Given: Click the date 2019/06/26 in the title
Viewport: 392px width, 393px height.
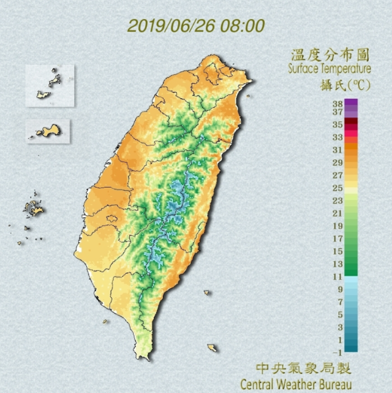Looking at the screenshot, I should pos(165,26).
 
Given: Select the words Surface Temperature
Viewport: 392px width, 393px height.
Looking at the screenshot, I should pos(330,69).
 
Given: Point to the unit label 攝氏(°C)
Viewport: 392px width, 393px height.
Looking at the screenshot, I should pos(334,84).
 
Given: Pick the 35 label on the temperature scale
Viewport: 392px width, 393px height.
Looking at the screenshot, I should pos(337,124).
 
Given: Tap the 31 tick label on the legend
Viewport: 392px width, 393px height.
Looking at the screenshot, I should pos(337,150).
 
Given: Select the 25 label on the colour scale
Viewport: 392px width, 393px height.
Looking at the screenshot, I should pos(337,188).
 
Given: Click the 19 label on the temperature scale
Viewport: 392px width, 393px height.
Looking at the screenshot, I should pos(337,226).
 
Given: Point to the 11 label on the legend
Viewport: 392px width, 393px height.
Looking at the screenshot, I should pos(337,277).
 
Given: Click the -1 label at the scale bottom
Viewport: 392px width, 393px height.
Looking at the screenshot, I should pos(337,353).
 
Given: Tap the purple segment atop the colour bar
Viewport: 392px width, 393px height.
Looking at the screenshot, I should pos(351,105).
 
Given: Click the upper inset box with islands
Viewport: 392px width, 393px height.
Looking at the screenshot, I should pos(50,85).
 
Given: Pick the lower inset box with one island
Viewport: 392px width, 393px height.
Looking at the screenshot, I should pos(48,131).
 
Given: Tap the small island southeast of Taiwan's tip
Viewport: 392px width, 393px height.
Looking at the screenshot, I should pos(212,348).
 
